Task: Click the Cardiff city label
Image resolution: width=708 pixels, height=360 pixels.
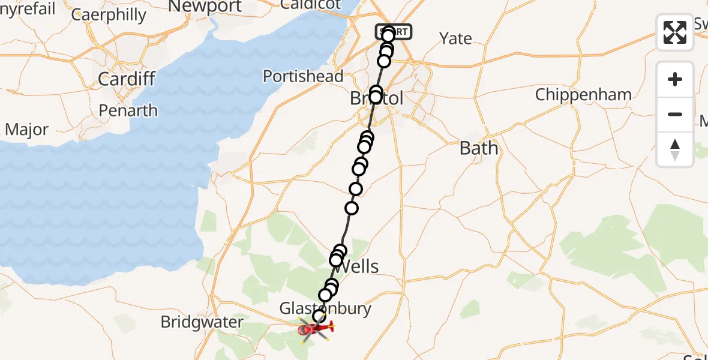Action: [127, 79]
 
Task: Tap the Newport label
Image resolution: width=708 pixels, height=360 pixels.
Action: [205, 7]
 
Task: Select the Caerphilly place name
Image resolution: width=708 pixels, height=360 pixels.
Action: [109, 14]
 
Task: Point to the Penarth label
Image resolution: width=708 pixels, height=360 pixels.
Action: [129, 110]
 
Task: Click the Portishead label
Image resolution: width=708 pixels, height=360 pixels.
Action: [303, 76]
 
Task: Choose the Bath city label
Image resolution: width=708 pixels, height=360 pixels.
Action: [479, 148]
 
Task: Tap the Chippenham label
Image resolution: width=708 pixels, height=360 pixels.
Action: [583, 95]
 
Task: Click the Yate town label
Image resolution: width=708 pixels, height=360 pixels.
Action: [455, 39]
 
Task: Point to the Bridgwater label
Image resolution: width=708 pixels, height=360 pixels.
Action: [202, 322]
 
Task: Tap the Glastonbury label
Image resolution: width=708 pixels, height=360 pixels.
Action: [325, 308]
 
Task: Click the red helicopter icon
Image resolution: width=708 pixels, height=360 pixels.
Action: [315, 328]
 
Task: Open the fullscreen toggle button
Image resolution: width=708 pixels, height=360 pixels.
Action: [675, 32]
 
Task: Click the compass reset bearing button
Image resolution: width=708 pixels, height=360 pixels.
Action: [675, 149]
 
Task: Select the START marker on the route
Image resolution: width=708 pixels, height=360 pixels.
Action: [394, 31]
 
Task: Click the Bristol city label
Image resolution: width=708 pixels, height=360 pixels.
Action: [377, 99]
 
